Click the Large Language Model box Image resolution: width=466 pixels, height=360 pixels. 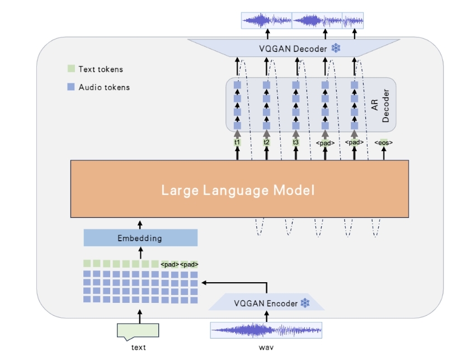[239, 189]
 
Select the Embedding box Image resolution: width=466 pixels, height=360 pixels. [140, 238]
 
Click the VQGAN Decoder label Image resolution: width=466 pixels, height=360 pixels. [293, 49]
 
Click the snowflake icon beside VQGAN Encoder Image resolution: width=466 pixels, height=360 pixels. [305, 303]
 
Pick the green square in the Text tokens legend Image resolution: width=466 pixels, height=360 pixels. [70, 69]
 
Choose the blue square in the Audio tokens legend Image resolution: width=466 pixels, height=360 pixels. [70, 87]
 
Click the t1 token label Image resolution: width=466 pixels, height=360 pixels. [237, 143]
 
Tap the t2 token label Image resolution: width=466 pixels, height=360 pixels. [267, 143]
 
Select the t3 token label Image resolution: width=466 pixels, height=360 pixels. [296, 143]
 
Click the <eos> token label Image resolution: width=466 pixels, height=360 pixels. [384, 143]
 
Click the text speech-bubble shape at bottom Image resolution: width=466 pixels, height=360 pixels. [138, 331]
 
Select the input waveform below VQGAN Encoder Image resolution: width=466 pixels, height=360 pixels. [266, 330]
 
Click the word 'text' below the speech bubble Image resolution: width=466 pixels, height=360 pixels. [138, 348]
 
